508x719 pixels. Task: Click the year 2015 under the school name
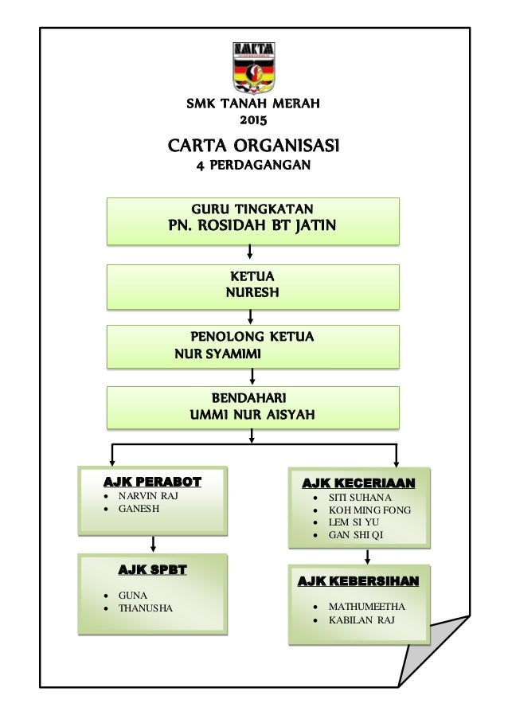pyautogui.click(x=253, y=120)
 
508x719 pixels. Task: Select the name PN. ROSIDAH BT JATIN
pyautogui.click(x=253, y=226)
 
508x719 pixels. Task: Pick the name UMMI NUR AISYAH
pyautogui.click(x=252, y=414)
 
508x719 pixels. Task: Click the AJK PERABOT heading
pyautogui.click(x=152, y=482)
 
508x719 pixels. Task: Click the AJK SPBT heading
pyautogui.click(x=152, y=569)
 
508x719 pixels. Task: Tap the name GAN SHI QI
pyautogui.click(x=354, y=535)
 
